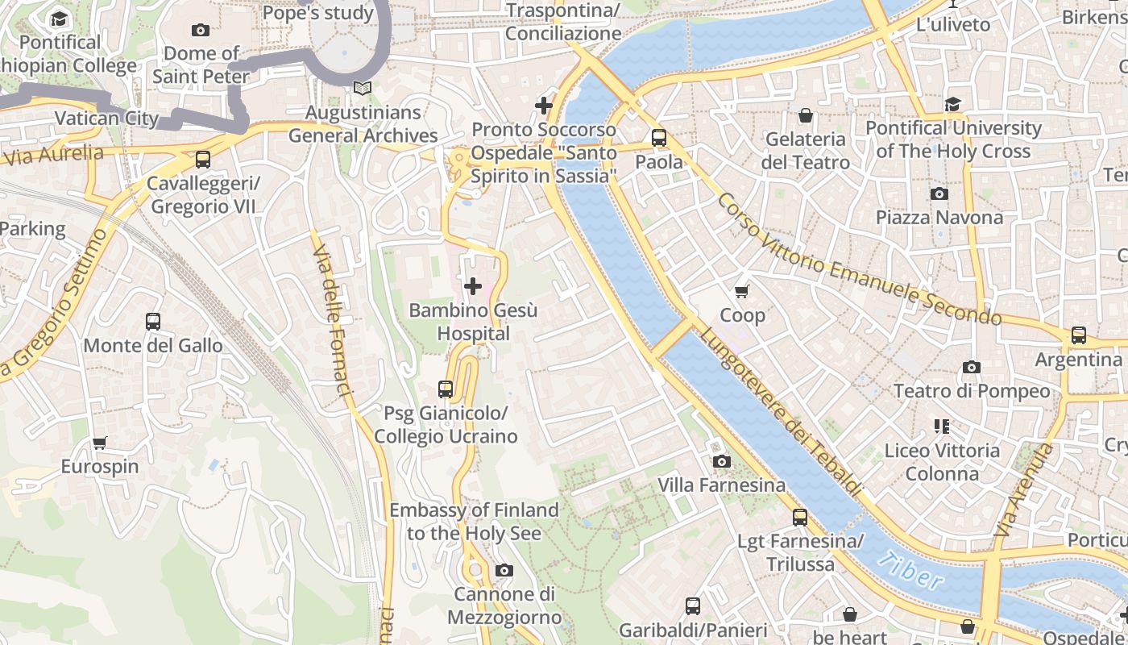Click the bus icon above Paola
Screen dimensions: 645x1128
659,138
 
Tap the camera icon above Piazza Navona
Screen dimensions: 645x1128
939,193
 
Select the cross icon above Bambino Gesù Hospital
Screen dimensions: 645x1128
473,285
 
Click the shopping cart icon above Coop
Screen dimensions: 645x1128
742,291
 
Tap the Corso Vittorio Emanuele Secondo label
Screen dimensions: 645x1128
858,260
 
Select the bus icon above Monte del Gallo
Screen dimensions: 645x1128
153,322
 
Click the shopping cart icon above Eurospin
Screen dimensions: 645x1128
99,443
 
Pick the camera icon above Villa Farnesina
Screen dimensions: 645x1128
722,461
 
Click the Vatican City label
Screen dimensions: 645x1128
106,118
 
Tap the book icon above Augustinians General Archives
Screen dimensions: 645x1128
363,88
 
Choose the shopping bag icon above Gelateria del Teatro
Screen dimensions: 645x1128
805,115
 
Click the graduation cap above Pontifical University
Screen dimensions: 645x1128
953,104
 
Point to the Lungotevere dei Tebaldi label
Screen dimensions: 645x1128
780,411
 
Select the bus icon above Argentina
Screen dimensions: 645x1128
1078,335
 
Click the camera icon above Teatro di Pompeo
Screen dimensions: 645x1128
972,368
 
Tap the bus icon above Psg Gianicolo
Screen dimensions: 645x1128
446,389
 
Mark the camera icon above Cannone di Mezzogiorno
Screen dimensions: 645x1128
504,571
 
